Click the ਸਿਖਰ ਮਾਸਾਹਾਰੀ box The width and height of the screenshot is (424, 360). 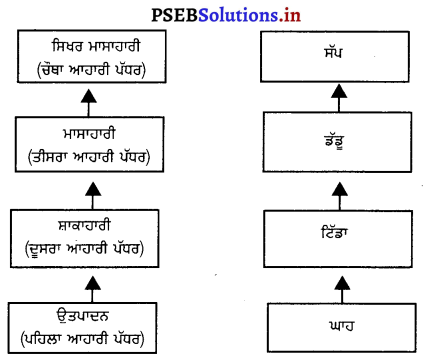click(x=91, y=55)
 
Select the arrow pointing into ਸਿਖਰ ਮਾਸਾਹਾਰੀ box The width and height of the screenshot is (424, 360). click(x=91, y=99)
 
